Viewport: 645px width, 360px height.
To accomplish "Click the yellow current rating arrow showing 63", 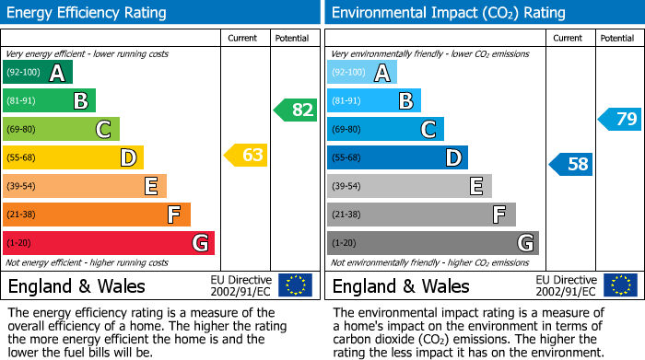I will click(246, 155).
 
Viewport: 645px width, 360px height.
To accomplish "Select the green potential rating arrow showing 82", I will click(296, 110).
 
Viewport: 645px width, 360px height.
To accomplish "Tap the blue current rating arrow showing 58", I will click(571, 165).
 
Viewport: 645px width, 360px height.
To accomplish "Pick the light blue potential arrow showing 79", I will click(620, 119).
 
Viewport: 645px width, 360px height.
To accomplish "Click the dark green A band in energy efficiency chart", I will click(38, 73).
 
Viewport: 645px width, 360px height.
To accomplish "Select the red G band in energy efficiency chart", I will click(109, 243).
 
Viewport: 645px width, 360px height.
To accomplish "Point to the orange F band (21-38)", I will click(97, 215).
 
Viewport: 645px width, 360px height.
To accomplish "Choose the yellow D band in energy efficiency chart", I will click(73, 157).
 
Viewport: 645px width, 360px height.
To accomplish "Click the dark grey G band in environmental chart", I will click(433, 243).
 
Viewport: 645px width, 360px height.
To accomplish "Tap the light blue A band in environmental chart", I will click(362, 73).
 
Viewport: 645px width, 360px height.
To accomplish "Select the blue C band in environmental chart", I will click(385, 129).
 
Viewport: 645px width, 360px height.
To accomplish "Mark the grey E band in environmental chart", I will click(409, 186).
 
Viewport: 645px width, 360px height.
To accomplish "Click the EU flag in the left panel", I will click(295, 285).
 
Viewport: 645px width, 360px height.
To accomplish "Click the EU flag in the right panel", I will click(620, 285).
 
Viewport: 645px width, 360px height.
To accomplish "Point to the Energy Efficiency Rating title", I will click(88, 13).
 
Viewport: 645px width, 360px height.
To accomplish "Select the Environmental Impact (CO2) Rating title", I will click(448, 13).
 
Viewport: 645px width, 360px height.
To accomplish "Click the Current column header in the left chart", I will click(242, 38).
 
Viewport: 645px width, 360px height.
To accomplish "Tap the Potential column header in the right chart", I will click(616, 38).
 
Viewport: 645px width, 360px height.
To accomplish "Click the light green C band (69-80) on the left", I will click(61, 129).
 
